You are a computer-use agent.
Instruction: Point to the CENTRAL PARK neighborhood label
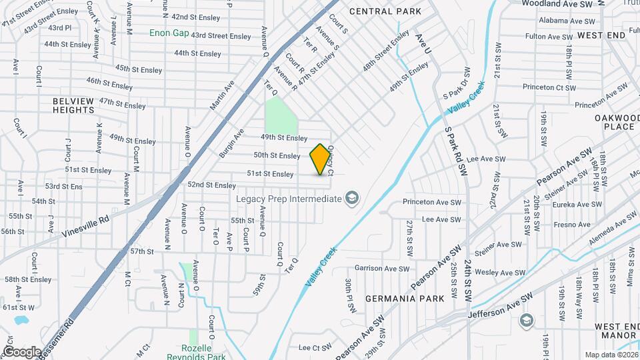click(385, 11)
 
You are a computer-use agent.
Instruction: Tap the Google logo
click(22, 351)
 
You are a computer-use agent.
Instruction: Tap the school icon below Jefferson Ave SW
click(527, 321)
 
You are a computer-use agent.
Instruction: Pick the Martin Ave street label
click(222, 97)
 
